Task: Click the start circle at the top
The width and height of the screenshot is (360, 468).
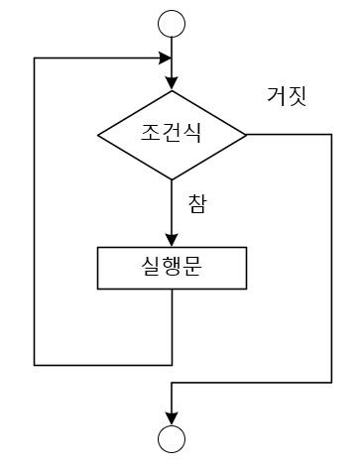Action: [173, 22]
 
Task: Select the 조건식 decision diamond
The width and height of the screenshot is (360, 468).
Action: [173, 133]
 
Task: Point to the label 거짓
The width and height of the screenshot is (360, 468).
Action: [288, 96]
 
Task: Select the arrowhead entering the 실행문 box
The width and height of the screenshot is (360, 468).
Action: [173, 239]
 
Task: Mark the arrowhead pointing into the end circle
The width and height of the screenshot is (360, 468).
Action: [173, 417]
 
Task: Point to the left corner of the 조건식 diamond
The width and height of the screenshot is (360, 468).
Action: [97, 133]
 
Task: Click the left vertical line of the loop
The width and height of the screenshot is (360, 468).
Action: [35, 208]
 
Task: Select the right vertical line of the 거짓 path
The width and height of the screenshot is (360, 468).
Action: [330, 258]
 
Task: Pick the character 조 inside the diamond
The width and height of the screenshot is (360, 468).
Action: [150, 133]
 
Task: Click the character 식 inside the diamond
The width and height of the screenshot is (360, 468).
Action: [194, 133]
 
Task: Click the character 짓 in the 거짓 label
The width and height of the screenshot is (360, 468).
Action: [299, 96]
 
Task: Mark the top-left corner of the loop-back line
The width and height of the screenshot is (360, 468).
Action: [35, 58]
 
